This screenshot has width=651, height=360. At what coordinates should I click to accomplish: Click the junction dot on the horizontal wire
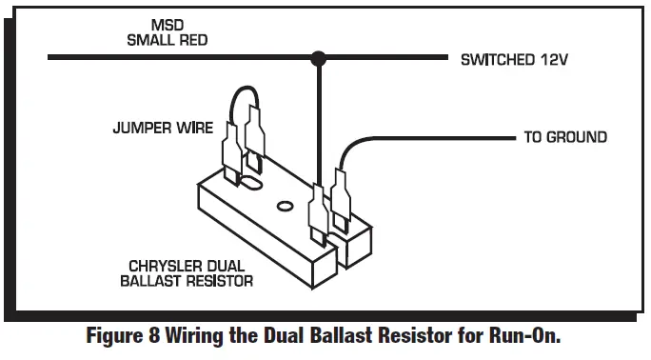(x=320, y=59)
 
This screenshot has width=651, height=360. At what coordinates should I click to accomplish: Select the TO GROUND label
(x=564, y=137)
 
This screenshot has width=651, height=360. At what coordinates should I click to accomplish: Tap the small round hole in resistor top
(x=282, y=205)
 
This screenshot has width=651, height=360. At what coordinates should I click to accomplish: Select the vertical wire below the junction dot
(x=320, y=124)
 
